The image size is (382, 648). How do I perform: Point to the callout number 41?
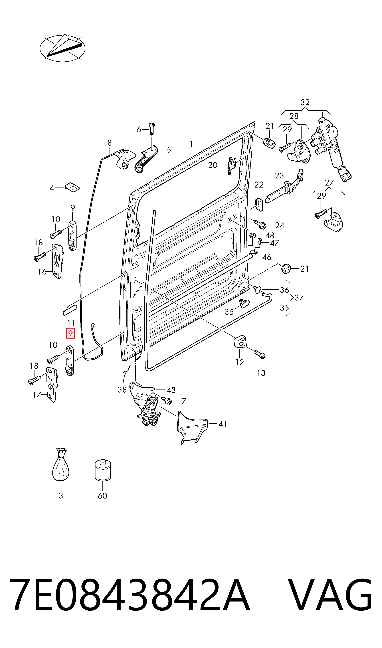pos(223,424)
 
